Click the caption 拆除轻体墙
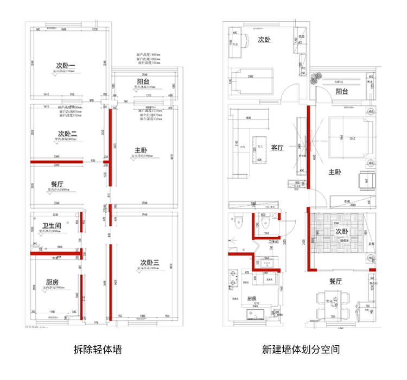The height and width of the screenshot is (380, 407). [x=97, y=349]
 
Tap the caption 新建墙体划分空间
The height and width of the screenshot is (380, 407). [x=301, y=349]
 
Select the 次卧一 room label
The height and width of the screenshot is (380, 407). [x=66, y=67]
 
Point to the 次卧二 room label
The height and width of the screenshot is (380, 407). [x=67, y=134]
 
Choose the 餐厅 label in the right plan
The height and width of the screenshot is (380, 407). [x=335, y=281]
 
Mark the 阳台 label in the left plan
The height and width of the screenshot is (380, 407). [x=143, y=82]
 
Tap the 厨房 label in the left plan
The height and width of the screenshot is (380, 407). [x=52, y=282]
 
